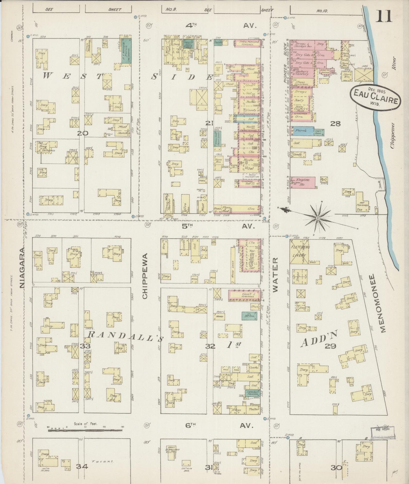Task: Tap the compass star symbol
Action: tap(318, 218)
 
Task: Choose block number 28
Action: tap(335, 124)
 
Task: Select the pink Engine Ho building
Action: tap(302, 182)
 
